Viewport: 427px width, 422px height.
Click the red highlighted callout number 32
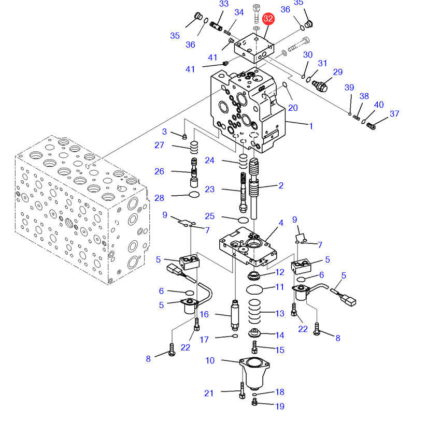tap(268, 19)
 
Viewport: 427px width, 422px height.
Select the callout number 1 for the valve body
tap(311, 126)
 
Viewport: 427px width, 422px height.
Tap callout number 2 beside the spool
tap(281, 185)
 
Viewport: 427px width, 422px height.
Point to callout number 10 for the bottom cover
tap(210, 360)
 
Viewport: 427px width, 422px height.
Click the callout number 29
tap(338, 72)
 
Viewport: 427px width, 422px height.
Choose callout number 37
tap(394, 114)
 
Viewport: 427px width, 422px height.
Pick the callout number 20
tap(293, 108)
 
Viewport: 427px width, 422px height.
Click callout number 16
tap(204, 314)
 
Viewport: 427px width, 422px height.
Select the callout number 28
tap(159, 198)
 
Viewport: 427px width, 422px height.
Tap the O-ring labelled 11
tap(254, 289)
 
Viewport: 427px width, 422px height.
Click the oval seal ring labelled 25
tap(243, 220)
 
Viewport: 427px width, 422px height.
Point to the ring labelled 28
tap(194, 195)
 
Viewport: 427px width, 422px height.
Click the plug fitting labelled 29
tap(320, 85)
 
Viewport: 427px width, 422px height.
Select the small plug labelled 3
tap(184, 136)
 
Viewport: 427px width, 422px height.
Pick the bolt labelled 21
tap(242, 390)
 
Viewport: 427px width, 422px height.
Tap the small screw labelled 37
tap(371, 126)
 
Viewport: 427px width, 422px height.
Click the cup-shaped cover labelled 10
tap(254, 373)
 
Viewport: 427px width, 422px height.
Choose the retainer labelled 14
tap(254, 333)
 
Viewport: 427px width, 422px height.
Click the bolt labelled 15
tap(254, 347)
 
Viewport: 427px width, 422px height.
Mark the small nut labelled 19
tap(254, 402)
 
